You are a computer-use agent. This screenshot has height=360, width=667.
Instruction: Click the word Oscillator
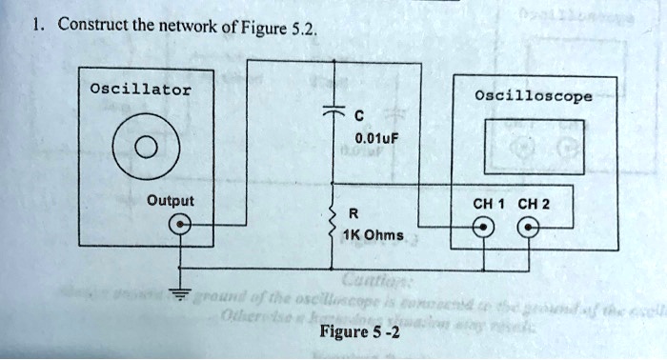(x=139, y=90)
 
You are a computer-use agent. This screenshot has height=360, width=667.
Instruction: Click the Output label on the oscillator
(x=170, y=201)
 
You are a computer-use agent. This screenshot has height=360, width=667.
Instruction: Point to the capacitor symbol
(x=334, y=111)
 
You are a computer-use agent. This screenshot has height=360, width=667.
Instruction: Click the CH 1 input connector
(x=486, y=229)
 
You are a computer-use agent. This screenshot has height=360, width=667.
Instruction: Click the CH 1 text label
(x=489, y=203)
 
